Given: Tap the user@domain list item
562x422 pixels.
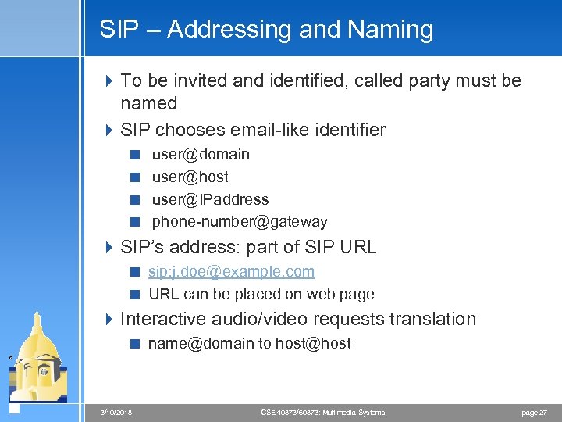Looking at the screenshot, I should (201, 155).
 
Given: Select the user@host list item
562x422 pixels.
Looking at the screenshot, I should (190, 177).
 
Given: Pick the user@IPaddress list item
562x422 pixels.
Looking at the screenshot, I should (210, 199).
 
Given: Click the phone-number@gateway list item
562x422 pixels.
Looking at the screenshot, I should (240, 222).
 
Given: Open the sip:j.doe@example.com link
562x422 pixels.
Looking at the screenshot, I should (232, 272).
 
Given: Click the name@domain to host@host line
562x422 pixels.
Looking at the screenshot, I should (250, 343).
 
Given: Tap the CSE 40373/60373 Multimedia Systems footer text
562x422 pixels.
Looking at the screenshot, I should (322, 412).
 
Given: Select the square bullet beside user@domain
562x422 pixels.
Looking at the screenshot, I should (136, 155).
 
